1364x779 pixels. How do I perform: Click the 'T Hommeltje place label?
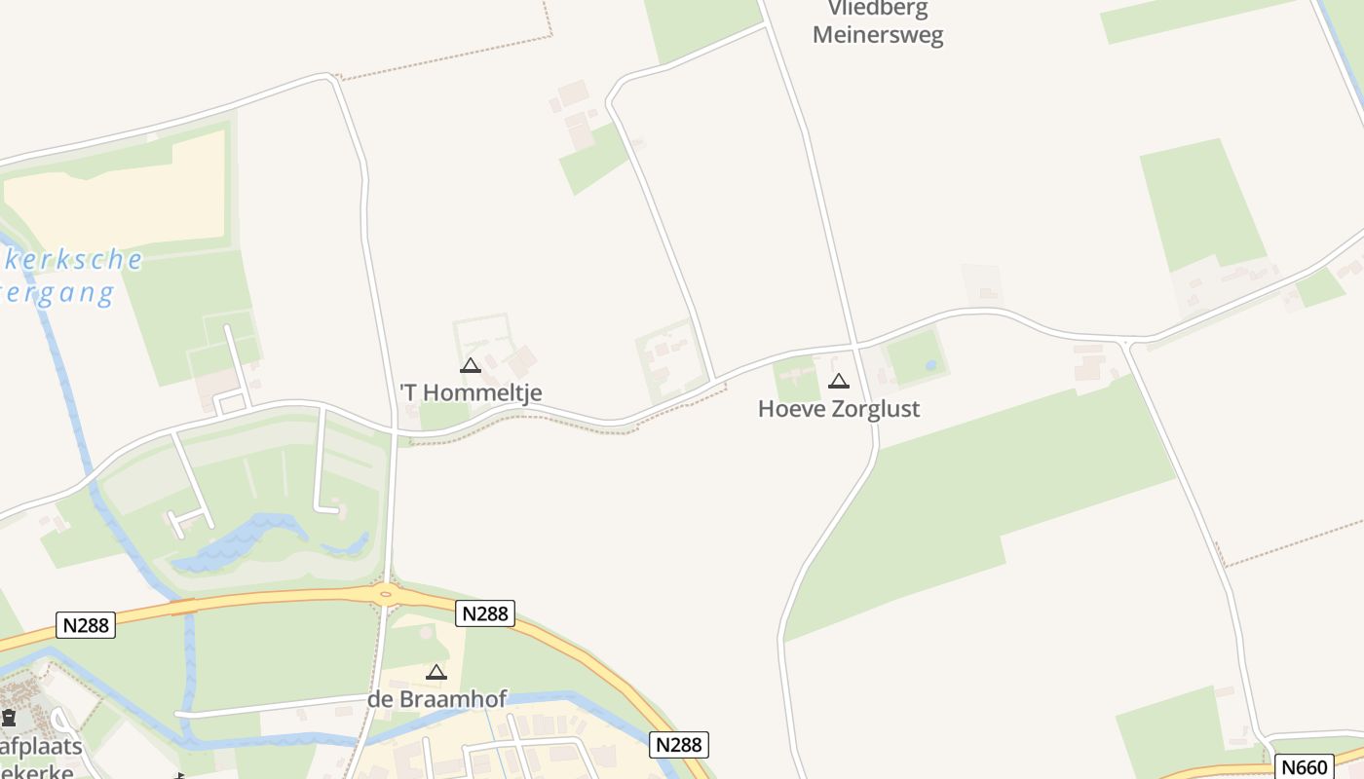(x=471, y=392)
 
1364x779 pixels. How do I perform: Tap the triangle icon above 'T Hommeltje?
(x=471, y=366)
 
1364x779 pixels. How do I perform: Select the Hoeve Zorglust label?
(x=838, y=408)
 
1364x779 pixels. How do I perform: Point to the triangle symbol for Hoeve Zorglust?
(x=838, y=381)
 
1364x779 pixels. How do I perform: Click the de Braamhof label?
(x=436, y=699)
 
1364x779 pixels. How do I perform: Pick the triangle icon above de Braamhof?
(x=436, y=672)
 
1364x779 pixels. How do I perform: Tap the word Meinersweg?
(x=878, y=36)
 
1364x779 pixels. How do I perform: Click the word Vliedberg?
(x=878, y=10)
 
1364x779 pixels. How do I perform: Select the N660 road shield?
(x=1304, y=766)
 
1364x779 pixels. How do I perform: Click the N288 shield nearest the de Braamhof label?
(x=484, y=613)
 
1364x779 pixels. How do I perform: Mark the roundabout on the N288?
(x=386, y=592)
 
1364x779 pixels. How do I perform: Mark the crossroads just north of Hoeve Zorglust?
(x=855, y=345)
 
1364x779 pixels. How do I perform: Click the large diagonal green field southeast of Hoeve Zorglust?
(x=984, y=497)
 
